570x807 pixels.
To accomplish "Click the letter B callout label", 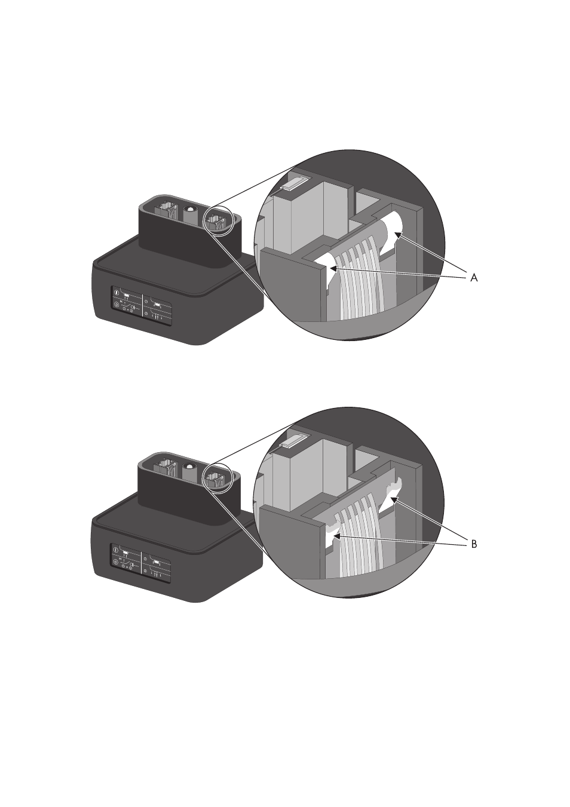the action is point(474,544).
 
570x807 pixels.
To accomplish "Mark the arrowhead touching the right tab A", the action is point(398,235).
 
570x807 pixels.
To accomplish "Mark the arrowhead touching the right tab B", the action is point(394,500).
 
